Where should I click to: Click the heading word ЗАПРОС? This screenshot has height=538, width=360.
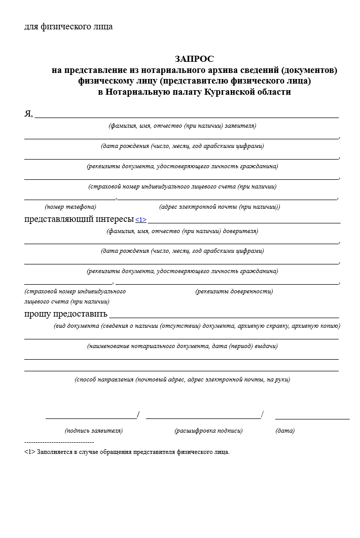tap(194, 59)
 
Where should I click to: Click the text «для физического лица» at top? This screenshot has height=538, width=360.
tap(68, 27)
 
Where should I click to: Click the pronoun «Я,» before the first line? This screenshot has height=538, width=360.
tap(28, 113)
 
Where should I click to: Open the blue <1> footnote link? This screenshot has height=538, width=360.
tap(141, 220)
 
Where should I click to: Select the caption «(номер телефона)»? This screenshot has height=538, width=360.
tap(70, 207)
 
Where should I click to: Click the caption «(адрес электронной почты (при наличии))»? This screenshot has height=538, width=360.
tap(219, 207)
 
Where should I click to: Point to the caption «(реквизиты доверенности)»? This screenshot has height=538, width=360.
tap(234, 291)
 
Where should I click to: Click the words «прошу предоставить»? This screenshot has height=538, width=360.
tap(66, 314)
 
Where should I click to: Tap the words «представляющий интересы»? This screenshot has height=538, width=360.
tap(79, 219)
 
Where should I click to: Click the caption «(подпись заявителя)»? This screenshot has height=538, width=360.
tap(94, 431)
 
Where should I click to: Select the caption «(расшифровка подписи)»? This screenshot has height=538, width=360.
tap(208, 431)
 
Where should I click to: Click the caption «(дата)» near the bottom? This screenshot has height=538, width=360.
tap(285, 431)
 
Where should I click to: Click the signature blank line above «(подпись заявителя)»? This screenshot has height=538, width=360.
tap(91, 418)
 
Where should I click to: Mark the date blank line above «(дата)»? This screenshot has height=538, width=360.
tap(312, 419)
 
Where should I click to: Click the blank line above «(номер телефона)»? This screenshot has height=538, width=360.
tap(70, 199)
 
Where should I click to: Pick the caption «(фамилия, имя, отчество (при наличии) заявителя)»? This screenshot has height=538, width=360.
tap(182, 126)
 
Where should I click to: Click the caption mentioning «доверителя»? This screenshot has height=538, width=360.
tap(182, 231)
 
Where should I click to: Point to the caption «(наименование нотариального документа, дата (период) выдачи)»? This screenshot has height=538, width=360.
tap(182, 346)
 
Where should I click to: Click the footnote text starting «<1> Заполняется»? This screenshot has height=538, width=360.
tap(127, 452)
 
